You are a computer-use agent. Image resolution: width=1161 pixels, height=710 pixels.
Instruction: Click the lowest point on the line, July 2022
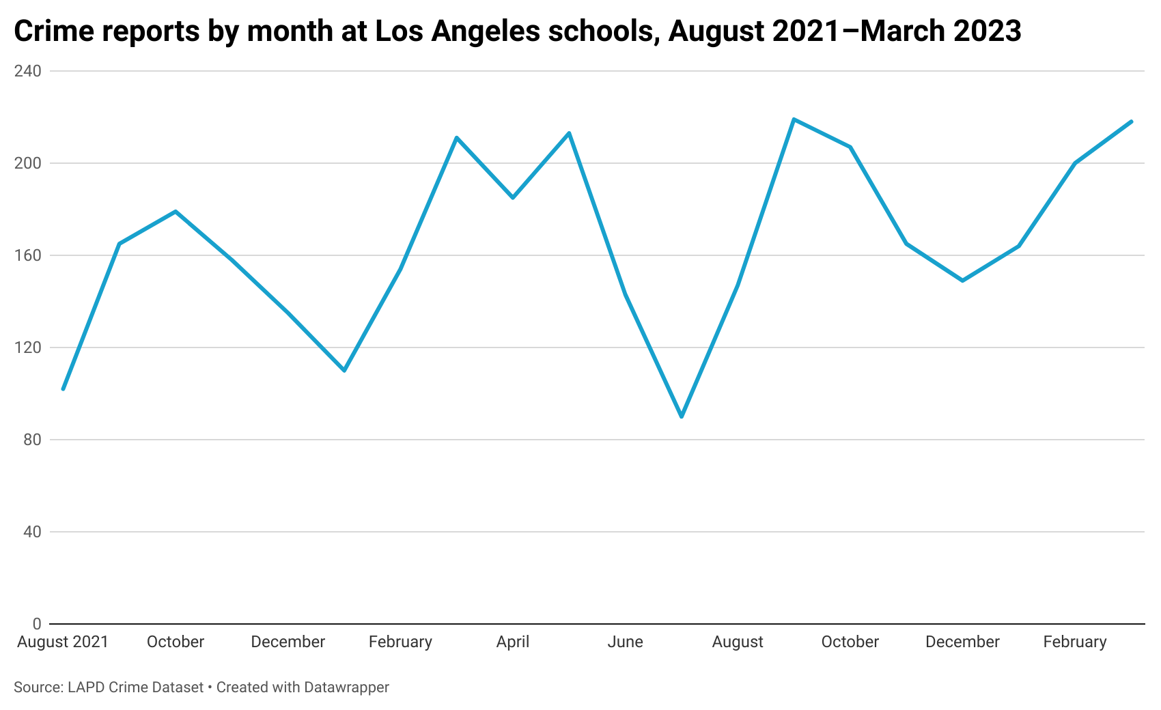tap(682, 416)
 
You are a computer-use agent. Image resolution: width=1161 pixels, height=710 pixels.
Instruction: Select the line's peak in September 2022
tap(794, 119)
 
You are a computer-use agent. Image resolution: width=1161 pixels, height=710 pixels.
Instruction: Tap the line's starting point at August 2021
tap(63, 389)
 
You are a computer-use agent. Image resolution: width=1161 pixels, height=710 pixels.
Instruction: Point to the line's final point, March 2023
tap(1131, 122)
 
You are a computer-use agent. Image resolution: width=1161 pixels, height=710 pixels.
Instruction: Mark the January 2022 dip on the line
tap(344, 371)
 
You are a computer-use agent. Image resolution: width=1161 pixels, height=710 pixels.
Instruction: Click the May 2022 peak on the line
tap(569, 133)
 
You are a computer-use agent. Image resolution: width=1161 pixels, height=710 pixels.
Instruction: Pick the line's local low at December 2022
tap(962, 281)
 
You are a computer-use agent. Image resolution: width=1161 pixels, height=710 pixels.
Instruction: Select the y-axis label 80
tap(32, 440)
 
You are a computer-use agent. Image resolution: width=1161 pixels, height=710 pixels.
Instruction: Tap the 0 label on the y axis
tap(37, 624)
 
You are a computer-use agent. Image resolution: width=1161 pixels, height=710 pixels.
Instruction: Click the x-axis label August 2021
tap(63, 642)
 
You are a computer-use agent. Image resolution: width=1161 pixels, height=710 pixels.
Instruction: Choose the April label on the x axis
tap(513, 642)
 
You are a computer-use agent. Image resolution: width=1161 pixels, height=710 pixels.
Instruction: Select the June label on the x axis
tap(625, 642)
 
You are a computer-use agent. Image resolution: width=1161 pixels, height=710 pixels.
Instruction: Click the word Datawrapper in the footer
tap(346, 687)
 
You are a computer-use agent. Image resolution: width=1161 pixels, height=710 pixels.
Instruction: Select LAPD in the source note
tap(84, 687)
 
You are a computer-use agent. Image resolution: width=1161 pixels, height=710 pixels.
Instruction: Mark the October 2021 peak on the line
tap(176, 212)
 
